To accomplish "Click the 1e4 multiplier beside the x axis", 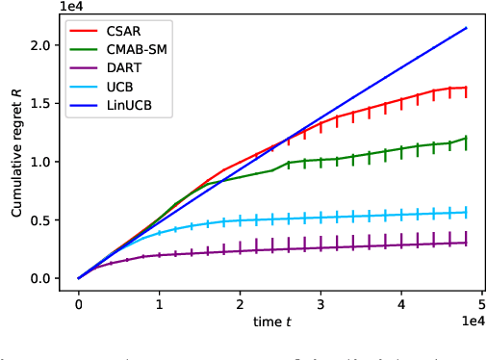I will [468, 322].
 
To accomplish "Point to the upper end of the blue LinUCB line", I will [467, 28].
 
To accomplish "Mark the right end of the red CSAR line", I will [467, 88].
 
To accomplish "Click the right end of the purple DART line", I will [467, 243].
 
